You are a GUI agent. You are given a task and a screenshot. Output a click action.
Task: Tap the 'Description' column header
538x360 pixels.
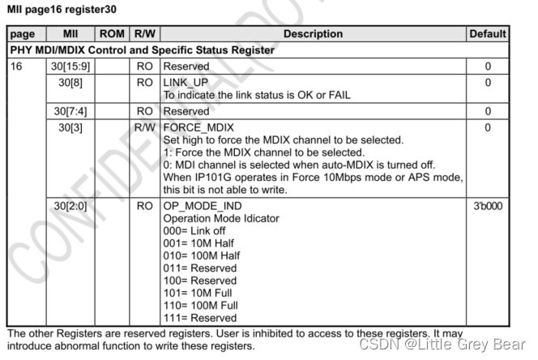(x=313, y=34)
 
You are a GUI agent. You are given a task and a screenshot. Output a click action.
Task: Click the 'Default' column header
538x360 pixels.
(x=488, y=34)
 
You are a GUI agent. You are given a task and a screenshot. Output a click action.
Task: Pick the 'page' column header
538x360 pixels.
(x=23, y=34)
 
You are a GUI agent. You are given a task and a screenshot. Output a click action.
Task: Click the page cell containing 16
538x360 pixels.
(x=17, y=66)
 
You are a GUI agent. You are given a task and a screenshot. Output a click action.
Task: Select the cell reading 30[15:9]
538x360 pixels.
(x=70, y=66)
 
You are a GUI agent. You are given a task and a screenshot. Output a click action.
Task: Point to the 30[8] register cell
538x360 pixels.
(x=70, y=82)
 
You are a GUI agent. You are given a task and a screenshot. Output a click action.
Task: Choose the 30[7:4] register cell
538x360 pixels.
(x=70, y=111)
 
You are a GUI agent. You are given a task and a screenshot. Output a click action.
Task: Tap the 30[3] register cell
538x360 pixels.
(x=70, y=127)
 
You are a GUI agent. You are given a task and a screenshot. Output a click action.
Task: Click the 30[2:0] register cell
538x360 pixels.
(x=70, y=206)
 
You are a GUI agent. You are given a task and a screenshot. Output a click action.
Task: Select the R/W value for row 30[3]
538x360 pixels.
(x=144, y=127)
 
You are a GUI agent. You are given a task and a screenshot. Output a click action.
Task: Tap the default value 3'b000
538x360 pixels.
(x=488, y=206)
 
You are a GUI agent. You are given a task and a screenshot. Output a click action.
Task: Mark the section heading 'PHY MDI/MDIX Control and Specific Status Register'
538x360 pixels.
(x=143, y=50)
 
